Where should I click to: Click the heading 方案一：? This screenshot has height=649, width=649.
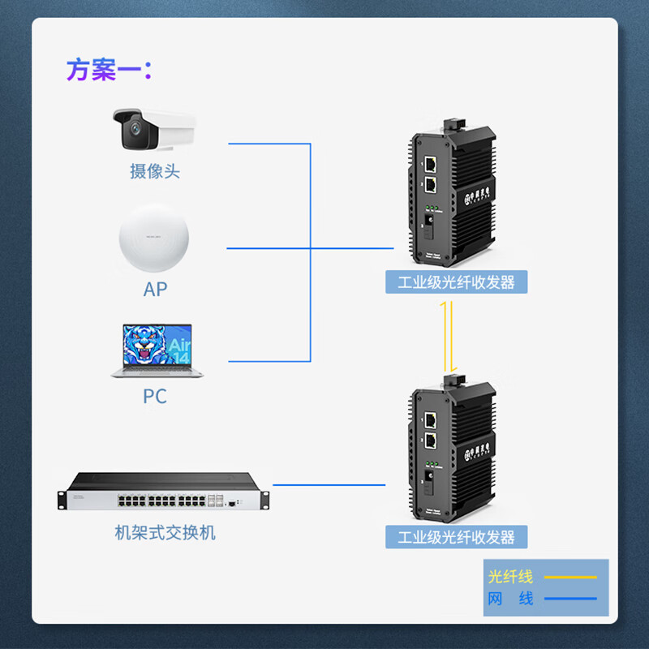(x=109, y=70)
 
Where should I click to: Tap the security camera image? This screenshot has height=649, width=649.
(x=154, y=129)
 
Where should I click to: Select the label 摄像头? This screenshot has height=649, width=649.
(x=154, y=171)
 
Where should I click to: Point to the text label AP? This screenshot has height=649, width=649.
(x=154, y=289)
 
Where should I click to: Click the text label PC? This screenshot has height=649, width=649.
(x=154, y=396)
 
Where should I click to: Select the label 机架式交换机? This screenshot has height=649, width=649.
(x=165, y=533)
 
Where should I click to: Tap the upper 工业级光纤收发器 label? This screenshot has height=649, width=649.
(x=457, y=282)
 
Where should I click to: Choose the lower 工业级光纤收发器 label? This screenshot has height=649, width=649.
(x=457, y=536)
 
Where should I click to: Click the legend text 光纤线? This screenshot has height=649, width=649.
(x=510, y=577)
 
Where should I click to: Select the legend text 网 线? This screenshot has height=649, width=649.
(x=510, y=599)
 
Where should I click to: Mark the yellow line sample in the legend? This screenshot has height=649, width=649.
(x=569, y=577)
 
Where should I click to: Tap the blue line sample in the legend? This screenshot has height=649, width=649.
(x=569, y=600)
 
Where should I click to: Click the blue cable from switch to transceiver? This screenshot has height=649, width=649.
(x=329, y=485)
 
